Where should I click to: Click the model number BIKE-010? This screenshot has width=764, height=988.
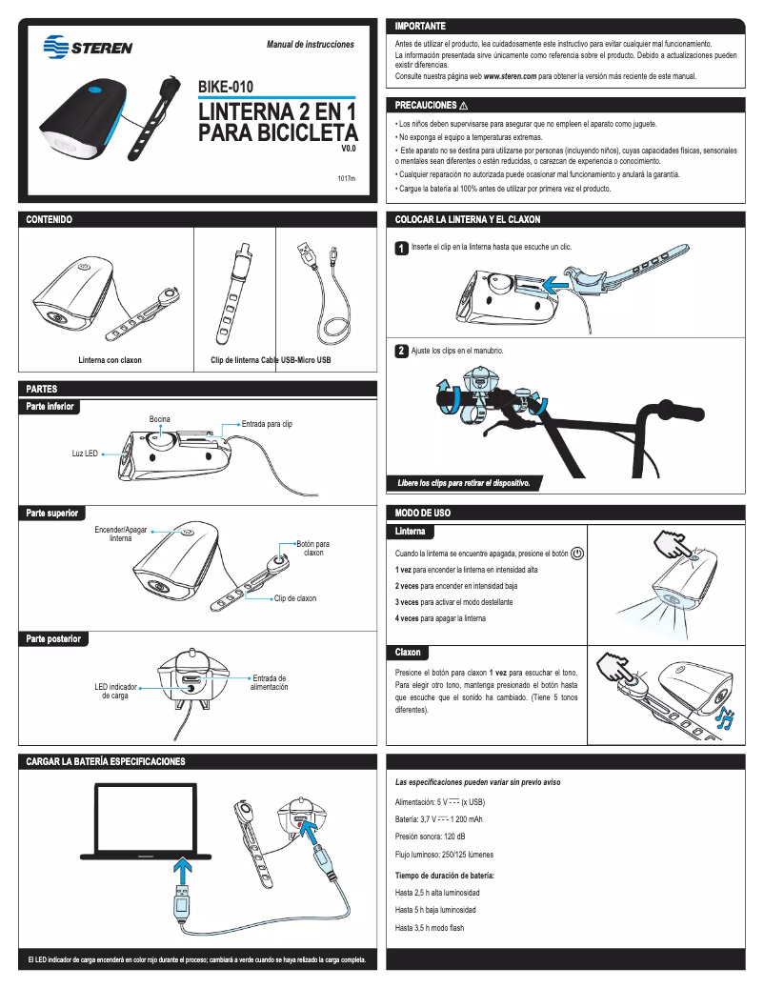point(225,88)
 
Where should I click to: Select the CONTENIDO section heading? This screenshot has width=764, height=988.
point(50,220)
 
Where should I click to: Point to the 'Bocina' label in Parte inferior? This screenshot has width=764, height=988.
point(159,420)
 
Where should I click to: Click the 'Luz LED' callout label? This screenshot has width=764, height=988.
point(85,454)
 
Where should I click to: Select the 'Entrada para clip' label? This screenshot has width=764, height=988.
point(267,423)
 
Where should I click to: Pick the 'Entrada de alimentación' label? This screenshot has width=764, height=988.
point(269,682)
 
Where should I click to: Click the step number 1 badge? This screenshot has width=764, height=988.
point(402,249)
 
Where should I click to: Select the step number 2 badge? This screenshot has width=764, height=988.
point(402,352)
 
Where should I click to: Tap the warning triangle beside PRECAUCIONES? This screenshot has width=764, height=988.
point(463,105)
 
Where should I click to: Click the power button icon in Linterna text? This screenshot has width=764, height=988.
point(578,554)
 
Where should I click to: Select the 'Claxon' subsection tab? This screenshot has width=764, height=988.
point(410,653)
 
